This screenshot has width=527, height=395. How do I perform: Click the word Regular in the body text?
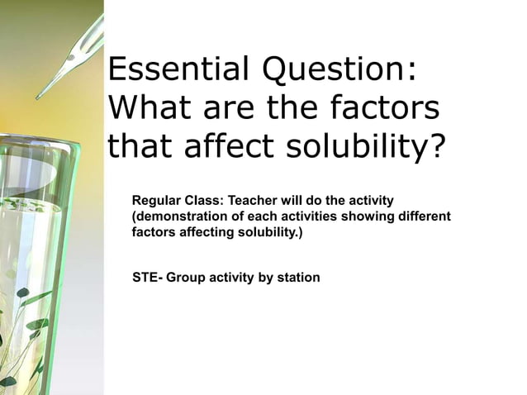(156, 201)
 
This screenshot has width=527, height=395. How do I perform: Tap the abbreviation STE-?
(147, 278)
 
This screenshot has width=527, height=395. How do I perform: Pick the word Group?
(184, 278)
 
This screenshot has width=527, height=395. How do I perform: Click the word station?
(297, 278)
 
